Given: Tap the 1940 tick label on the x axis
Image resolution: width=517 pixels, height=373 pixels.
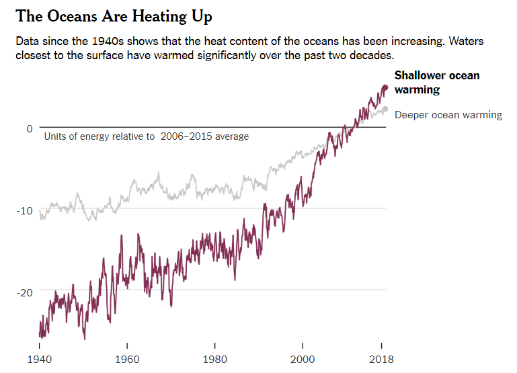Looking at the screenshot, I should [40, 359].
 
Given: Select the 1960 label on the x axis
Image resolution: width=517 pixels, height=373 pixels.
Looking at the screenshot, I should [127, 359].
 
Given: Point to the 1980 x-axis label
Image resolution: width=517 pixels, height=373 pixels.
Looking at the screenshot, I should [214, 359].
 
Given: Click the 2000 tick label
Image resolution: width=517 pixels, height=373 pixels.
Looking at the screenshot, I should [302, 359].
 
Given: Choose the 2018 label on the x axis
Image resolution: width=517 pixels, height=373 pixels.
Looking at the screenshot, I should [381, 359].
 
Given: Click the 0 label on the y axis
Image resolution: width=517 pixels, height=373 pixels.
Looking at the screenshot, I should [30, 128].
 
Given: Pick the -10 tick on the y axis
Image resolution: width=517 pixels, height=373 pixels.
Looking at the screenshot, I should [25, 210].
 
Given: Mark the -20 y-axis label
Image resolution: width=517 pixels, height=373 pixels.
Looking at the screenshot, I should [25, 292].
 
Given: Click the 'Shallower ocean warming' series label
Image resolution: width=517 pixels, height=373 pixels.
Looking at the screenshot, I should [437, 82].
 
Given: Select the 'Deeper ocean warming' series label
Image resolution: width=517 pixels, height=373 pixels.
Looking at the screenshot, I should [448, 115].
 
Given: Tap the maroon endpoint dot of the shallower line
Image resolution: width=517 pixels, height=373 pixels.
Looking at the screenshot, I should [385, 87].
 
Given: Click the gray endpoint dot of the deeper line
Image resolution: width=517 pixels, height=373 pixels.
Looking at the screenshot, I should [385, 109].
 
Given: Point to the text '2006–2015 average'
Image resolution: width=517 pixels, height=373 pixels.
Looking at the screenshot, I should [204, 136].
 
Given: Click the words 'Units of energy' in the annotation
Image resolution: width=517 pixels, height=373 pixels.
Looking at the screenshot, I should [75, 136].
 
